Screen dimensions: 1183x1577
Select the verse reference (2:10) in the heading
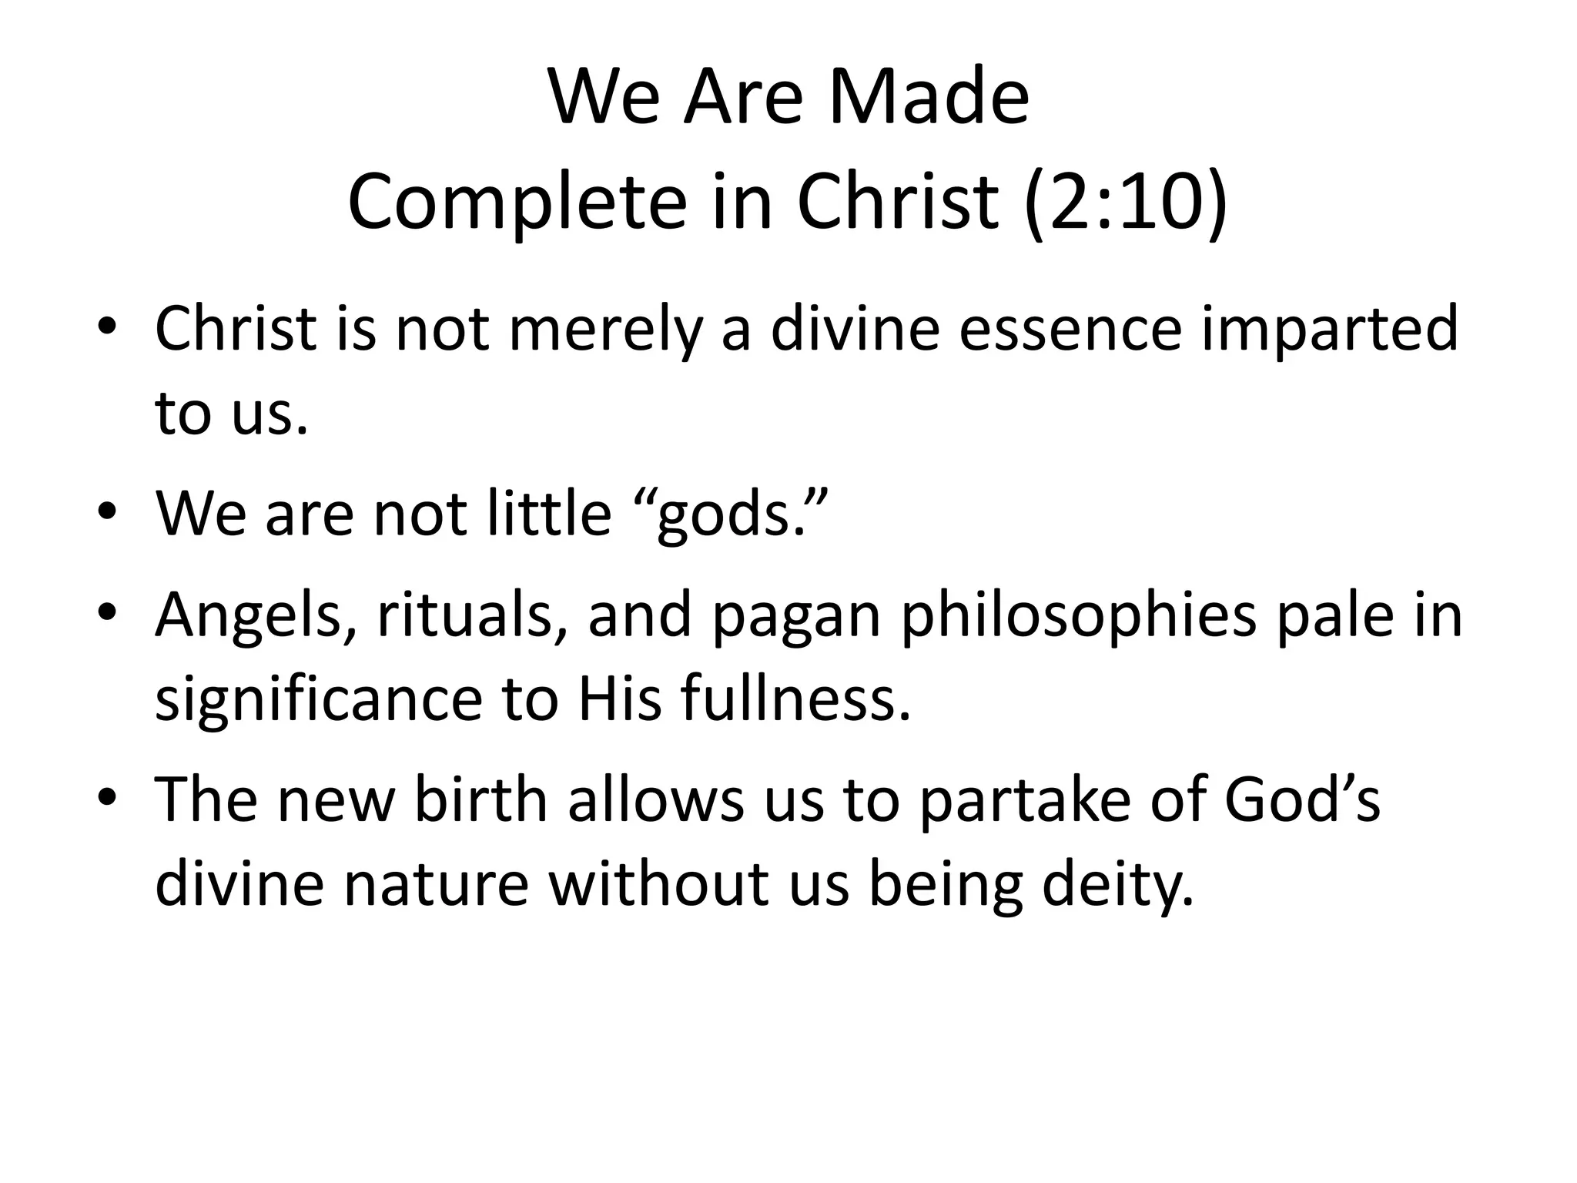click(x=1126, y=203)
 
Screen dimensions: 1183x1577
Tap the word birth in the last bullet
click(x=480, y=799)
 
